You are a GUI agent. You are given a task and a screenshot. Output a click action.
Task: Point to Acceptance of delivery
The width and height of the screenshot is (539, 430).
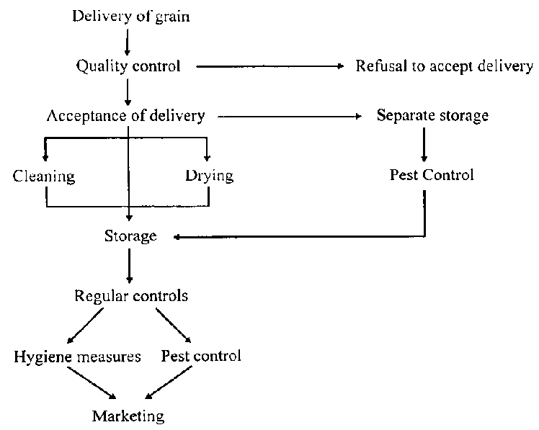click(x=125, y=115)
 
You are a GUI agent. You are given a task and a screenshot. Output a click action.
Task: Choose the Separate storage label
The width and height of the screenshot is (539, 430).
click(x=432, y=115)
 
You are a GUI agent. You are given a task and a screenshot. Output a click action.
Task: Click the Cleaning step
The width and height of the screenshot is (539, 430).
click(x=43, y=175)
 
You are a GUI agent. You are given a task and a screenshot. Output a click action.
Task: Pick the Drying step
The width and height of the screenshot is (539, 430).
click(x=209, y=175)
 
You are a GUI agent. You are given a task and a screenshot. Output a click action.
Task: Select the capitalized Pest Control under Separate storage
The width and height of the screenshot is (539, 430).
click(x=432, y=175)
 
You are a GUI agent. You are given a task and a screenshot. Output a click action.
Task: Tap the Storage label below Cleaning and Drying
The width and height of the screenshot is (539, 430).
click(x=130, y=236)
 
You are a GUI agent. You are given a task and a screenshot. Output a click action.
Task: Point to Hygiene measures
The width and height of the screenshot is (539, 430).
click(x=77, y=356)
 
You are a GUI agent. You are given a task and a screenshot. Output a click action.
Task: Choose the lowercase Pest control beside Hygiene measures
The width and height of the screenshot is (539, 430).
click(x=201, y=356)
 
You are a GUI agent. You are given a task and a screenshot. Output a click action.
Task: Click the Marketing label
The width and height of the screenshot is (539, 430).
click(x=128, y=416)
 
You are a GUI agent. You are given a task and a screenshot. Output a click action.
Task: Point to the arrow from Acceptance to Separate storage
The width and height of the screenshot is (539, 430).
click(x=288, y=115)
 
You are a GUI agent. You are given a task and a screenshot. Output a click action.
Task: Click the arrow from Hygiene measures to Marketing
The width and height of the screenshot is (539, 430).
click(x=94, y=384)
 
